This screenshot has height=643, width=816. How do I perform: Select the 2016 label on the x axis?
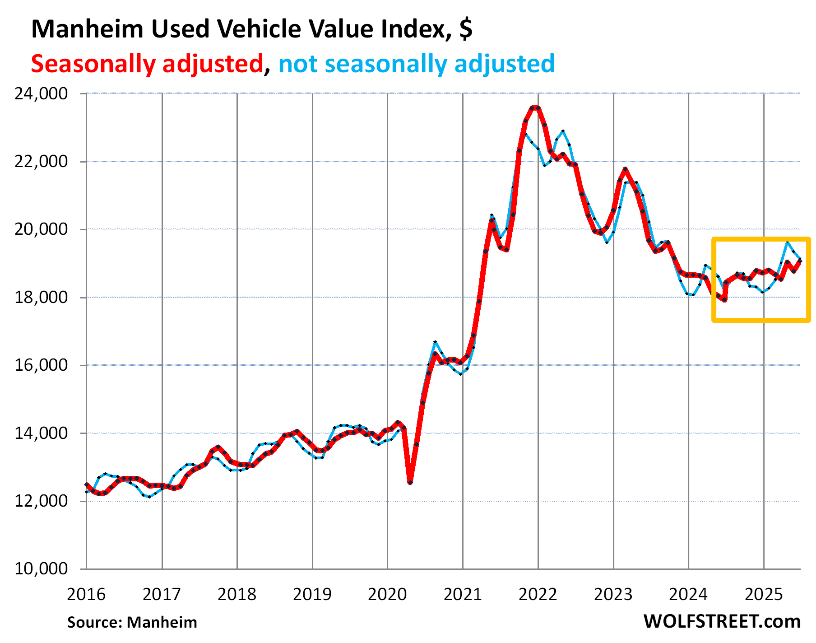pos(86,594)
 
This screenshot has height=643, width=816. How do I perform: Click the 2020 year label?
pos(387,594)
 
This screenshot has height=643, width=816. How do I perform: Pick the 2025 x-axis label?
pos(763,594)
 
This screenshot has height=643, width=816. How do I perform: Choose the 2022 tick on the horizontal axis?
pos(538,594)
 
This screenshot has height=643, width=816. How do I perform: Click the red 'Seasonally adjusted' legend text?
pos(147,63)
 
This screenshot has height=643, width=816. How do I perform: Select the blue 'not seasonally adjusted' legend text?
pos(416,63)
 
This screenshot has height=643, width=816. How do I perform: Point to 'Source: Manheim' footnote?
pos(132,622)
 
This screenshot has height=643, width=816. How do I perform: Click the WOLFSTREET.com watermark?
pos(722,621)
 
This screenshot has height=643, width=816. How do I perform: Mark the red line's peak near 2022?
pos(535,107)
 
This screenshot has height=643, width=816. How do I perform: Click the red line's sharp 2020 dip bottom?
pos(410,483)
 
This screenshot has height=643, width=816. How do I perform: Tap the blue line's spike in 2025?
pos(788,242)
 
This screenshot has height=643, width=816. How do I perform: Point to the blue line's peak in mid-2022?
pos(563,131)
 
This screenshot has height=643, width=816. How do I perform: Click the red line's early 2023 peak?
pos(625,169)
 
